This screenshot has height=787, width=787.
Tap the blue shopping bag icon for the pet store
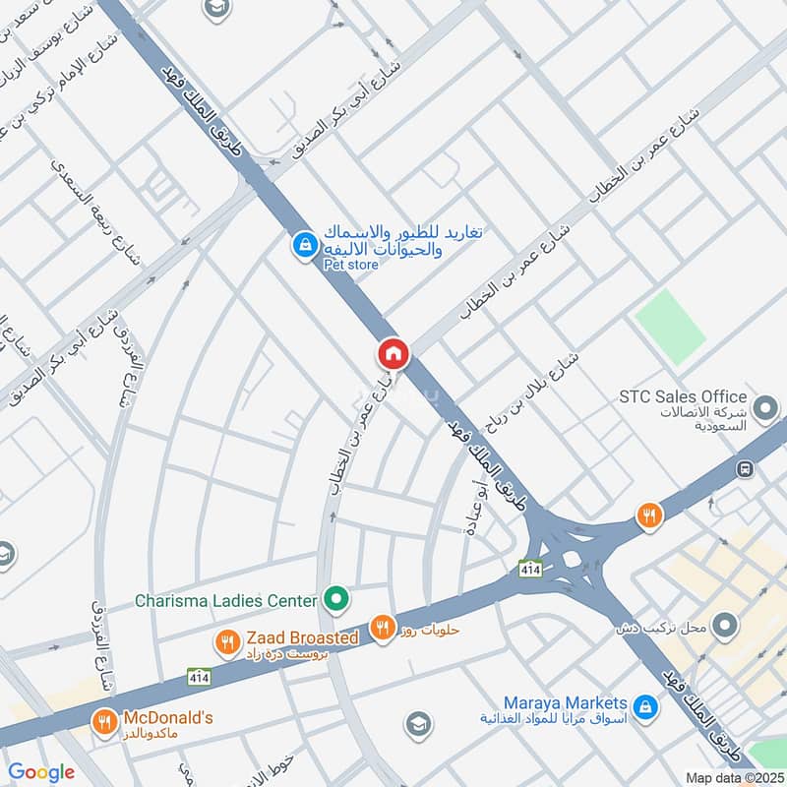[x=305, y=243]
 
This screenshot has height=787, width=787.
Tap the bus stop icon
[x=747, y=468]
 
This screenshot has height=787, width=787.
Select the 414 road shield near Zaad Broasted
[x=200, y=677]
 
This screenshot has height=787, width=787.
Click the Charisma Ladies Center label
[x=225, y=600]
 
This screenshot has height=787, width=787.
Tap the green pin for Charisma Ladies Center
[x=336, y=598]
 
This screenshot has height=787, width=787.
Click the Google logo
[x=41, y=772]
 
